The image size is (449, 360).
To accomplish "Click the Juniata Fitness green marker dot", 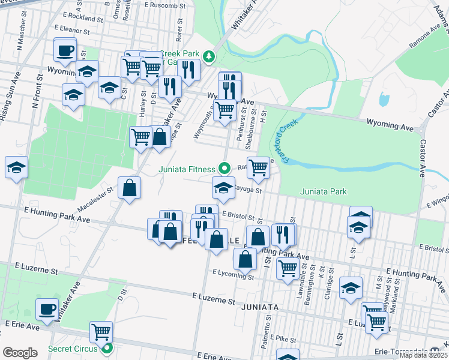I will click(224, 169).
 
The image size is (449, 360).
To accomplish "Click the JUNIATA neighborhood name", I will click(259, 307).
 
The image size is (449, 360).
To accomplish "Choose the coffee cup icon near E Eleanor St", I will click(65, 50).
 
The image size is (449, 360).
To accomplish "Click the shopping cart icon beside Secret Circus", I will click(101, 331).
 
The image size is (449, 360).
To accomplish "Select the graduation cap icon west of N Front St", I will click(17, 168).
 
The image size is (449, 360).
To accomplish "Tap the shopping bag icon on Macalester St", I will click(129, 188).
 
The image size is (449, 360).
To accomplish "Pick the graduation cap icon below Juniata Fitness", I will click(223, 187).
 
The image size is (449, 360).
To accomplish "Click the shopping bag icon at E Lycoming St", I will click(245, 260).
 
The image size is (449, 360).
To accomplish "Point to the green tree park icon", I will click(208, 56).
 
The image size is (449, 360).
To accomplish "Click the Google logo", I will click(20, 352).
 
